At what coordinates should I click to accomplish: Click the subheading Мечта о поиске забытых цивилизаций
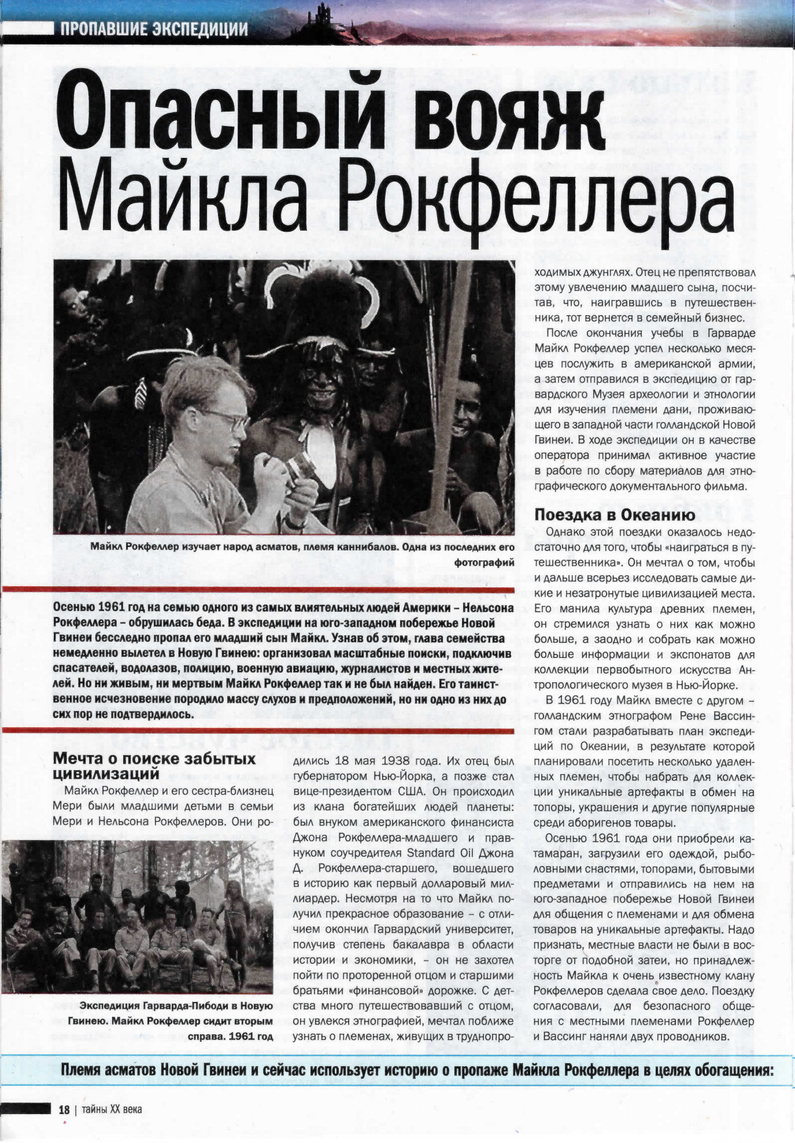(x=154, y=765)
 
